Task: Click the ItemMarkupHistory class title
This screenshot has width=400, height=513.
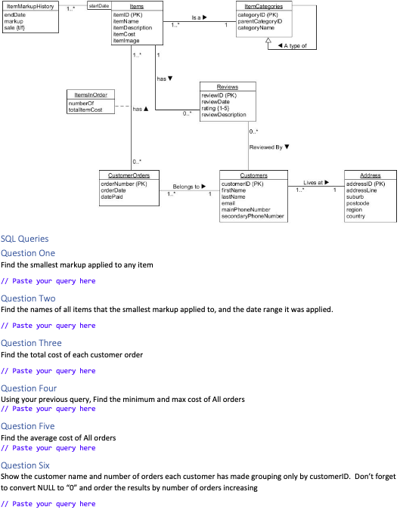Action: pyautogui.click(x=29, y=6)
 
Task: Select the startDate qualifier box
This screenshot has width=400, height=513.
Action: pyautogui.click(x=98, y=6)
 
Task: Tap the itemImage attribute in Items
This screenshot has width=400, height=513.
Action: pyautogui.click(x=126, y=41)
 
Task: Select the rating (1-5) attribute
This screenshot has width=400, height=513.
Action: pyautogui.click(x=219, y=109)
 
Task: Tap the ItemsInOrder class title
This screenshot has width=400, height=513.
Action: pyautogui.click(x=90, y=94)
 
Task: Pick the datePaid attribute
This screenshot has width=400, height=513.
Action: pyautogui.click(x=113, y=196)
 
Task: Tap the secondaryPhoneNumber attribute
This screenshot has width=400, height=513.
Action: pyautogui.click(x=253, y=217)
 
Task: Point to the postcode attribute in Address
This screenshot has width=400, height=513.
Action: pyautogui.click(x=357, y=202)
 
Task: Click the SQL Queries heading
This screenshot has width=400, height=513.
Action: pyautogui.click(x=25, y=239)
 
